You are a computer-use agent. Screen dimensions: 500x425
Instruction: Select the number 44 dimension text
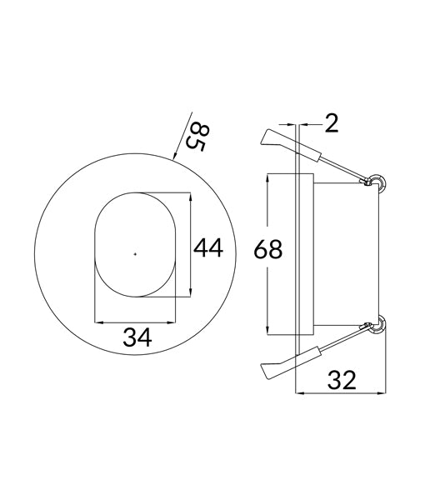coord(208,247)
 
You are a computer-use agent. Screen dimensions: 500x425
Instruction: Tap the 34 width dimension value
coord(137,337)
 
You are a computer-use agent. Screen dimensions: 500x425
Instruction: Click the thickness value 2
coord(332,124)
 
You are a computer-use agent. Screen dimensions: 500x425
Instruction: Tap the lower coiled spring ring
coord(377,323)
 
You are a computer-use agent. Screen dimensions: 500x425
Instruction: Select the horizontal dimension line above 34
coord(137,322)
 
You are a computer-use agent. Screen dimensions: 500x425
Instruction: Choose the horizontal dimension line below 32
coord(342,392)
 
